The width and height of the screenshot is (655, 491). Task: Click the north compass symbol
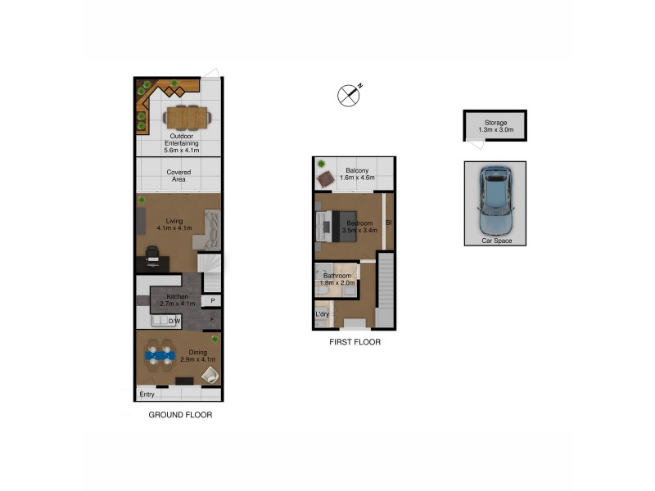click(350, 95)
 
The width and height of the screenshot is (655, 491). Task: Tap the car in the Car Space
click(495, 200)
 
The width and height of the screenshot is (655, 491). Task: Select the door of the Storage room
click(475, 144)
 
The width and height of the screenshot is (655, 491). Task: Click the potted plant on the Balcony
click(322, 164)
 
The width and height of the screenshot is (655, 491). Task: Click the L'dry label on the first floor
click(323, 314)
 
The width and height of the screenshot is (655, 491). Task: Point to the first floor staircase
click(386, 291)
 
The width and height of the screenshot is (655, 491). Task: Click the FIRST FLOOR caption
click(354, 342)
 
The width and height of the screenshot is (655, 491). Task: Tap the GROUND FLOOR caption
click(180, 415)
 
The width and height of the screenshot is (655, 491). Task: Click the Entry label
click(147, 394)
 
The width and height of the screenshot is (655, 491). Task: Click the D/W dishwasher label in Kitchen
click(174, 322)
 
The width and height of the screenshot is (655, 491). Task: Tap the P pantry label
click(213, 301)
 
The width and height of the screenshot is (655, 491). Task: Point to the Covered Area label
click(179, 176)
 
